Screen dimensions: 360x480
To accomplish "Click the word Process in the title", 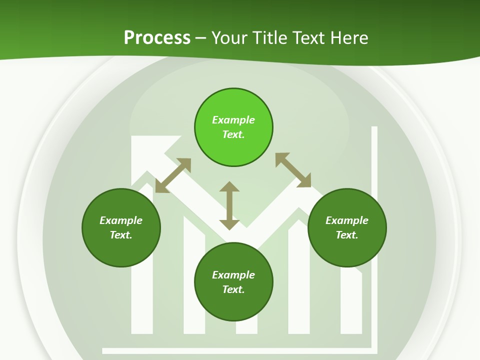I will [x=157, y=38].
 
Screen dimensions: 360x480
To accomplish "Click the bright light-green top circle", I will [x=233, y=105].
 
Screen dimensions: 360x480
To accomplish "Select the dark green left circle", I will [x=121, y=245].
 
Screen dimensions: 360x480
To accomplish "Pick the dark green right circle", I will [x=347, y=245].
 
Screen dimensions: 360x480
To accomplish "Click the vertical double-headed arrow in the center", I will [x=229, y=205].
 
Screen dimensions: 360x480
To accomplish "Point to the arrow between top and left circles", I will [x=173, y=175].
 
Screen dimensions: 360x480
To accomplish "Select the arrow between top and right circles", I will [x=293, y=170].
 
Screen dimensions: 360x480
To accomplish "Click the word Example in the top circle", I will [x=233, y=120].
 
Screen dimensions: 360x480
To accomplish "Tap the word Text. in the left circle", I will [x=121, y=235].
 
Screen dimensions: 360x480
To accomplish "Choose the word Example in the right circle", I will [x=347, y=220].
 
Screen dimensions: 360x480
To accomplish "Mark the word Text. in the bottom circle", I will [x=233, y=289].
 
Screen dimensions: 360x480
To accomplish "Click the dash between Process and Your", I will [x=201, y=38].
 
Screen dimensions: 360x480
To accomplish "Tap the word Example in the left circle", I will [x=121, y=220].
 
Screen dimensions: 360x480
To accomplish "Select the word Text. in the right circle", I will [x=347, y=235].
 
